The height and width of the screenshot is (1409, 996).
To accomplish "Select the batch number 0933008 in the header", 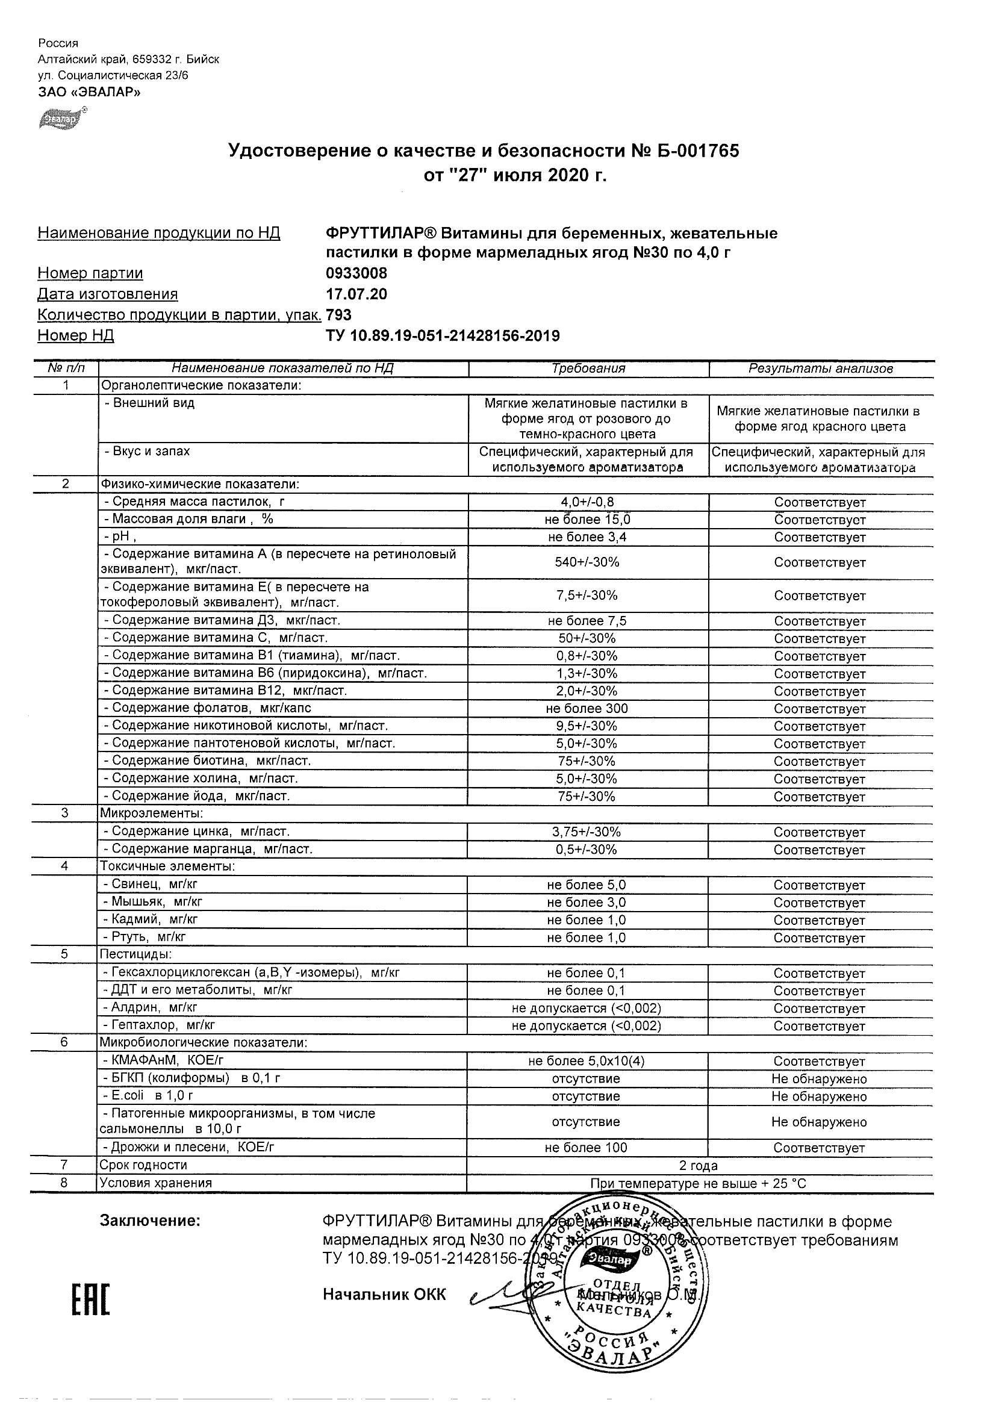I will (x=356, y=273).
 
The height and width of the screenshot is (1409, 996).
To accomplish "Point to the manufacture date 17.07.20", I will (x=356, y=294).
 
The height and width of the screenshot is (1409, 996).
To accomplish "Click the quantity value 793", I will (x=340, y=315).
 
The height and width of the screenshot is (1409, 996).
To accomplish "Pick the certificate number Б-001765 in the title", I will (x=694, y=151).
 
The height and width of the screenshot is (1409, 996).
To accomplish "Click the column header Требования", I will (x=588, y=369).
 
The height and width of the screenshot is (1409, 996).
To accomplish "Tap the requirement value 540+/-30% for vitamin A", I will (x=587, y=562).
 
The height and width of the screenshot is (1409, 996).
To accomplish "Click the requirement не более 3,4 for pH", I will (x=587, y=538).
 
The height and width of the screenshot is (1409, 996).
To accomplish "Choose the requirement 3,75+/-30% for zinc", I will (x=587, y=832).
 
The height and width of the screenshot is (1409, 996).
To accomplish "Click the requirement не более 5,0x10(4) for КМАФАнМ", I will (x=586, y=1061).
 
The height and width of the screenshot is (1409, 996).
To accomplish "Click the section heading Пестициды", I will (x=135, y=954).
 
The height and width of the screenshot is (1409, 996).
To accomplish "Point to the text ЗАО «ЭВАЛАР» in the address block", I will (x=89, y=92).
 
